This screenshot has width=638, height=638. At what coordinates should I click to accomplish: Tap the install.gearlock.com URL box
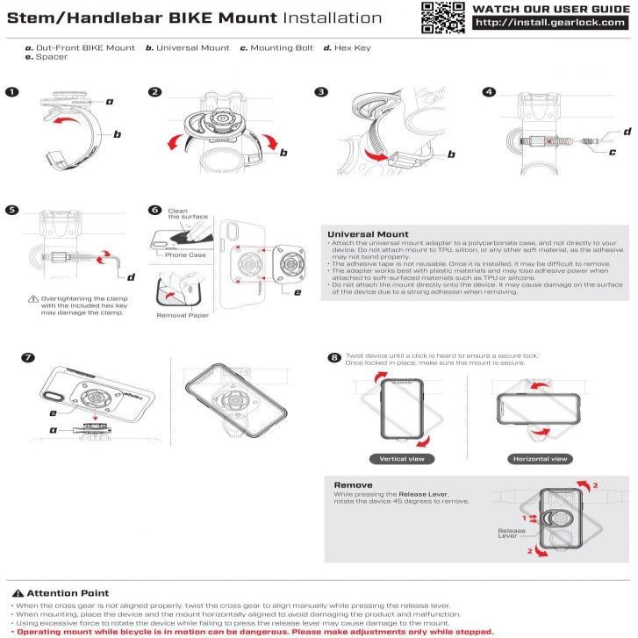549,24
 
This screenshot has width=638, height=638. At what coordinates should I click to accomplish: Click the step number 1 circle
10,91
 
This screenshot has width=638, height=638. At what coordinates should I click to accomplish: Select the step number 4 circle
489,91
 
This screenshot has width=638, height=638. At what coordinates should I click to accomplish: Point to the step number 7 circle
29,358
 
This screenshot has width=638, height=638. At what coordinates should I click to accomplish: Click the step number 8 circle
333,358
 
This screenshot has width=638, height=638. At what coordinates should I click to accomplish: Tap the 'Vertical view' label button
401,458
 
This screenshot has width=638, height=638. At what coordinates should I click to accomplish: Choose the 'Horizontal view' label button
540,458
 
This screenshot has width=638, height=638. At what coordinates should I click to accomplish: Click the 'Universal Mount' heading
367,234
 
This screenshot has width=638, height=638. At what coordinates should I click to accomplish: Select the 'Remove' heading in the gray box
353,484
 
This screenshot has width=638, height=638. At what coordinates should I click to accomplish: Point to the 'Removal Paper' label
183,314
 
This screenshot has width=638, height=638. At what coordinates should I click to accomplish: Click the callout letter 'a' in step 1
110,102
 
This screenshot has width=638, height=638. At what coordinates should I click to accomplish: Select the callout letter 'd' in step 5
131,278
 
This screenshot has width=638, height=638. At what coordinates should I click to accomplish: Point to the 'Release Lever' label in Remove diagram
512,533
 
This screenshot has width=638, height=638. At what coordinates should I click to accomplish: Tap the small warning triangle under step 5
33,298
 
